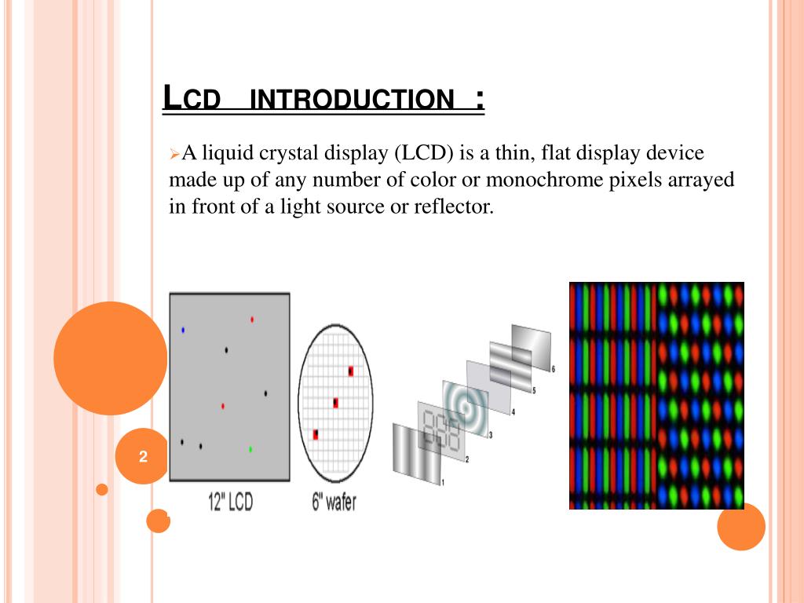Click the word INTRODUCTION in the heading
click(352, 99)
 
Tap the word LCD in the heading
click(192, 97)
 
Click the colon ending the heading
click(480, 100)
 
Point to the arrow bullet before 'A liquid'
click(174, 153)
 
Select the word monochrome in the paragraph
click(544, 180)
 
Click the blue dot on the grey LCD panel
click(183, 331)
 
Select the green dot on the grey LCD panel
click(250, 449)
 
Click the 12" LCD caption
click(230, 502)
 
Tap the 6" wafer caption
click(334, 502)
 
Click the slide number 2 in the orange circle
click(143, 456)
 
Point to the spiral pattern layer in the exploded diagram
click(466, 408)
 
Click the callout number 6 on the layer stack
click(554, 369)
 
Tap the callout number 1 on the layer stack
click(443, 483)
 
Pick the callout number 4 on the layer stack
click(513, 412)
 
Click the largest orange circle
click(110, 358)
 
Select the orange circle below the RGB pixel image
click(741, 527)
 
